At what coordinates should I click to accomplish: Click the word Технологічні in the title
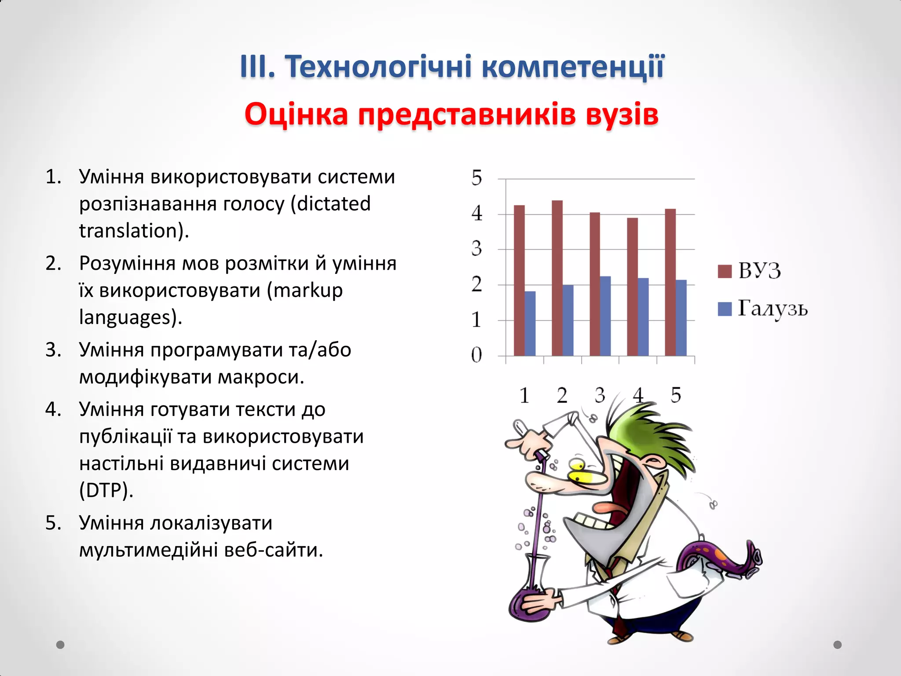(x=379, y=67)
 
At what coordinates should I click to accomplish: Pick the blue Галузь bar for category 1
(x=530, y=323)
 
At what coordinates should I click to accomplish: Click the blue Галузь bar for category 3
(x=605, y=316)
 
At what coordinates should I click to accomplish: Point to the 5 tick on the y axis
(x=477, y=178)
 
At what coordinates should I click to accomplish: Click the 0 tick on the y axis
(x=477, y=355)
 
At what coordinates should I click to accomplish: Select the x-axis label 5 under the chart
(x=676, y=395)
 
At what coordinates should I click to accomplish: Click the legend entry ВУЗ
(x=759, y=271)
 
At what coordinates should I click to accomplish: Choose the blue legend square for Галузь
(x=725, y=309)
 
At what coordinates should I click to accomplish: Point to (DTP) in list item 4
(x=106, y=490)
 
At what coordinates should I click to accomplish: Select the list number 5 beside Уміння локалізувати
(x=53, y=523)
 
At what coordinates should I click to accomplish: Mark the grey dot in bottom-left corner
(x=61, y=645)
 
